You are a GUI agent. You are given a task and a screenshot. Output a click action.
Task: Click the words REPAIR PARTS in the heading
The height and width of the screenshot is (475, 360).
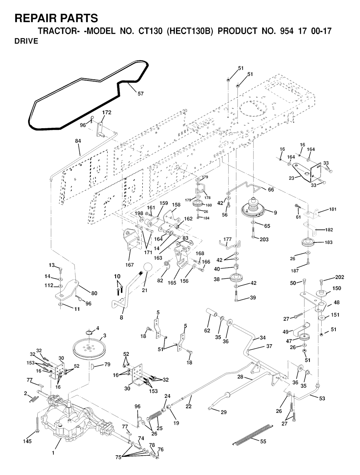(x=56, y=18)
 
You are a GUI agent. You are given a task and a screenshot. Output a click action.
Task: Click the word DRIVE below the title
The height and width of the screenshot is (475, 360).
(x=26, y=41)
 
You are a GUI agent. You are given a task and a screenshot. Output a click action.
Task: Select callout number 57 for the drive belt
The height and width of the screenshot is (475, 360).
(x=140, y=93)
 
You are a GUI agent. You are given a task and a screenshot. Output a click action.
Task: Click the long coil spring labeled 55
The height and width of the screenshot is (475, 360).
(x=252, y=434)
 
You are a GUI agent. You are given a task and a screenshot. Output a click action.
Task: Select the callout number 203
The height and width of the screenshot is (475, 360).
(x=264, y=239)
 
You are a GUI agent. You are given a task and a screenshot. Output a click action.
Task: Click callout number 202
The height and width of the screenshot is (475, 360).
(x=340, y=277)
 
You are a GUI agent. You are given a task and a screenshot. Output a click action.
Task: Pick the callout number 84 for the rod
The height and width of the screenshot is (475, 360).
(x=78, y=141)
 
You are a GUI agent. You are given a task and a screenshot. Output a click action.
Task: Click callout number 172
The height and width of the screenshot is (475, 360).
(x=107, y=112)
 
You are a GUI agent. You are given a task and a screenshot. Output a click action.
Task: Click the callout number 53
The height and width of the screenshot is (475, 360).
(x=322, y=398)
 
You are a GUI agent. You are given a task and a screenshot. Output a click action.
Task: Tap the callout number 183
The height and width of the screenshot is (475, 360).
(x=328, y=242)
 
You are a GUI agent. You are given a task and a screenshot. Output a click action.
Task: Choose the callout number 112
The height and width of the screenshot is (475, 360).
(x=49, y=285)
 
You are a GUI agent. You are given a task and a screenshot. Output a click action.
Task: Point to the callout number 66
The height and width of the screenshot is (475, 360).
(x=271, y=190)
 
